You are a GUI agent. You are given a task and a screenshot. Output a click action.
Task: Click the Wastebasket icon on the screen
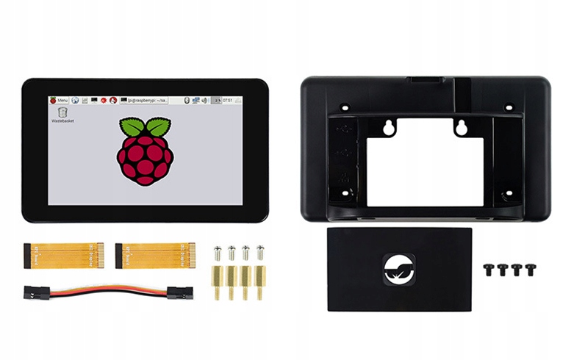[62, 114]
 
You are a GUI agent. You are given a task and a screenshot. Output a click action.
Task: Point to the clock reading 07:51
[228, 99]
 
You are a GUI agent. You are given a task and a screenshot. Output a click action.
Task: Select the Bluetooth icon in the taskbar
[187, 99]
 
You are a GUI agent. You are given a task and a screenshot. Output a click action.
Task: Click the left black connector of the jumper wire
[34, 292]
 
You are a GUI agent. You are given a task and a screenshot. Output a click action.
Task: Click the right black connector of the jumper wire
[177, 293]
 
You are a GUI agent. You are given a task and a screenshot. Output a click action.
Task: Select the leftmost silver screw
[218, 254]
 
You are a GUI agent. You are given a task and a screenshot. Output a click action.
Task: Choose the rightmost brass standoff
[260, 282]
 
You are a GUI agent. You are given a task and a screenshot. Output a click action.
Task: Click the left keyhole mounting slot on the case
[389, 128]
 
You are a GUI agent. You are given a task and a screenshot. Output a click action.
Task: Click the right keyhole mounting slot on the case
[462, 128]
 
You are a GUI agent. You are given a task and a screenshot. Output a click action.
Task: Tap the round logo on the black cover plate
[399, 268]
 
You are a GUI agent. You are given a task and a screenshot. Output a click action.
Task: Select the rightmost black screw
[530, 270]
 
